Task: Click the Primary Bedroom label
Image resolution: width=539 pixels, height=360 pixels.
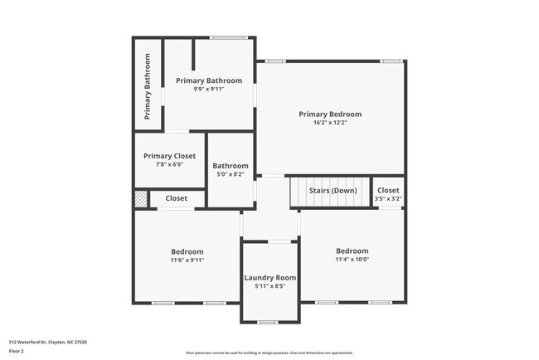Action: click(x=330, y=114)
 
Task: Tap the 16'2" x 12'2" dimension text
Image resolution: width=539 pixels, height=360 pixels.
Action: click(x=330, y=123)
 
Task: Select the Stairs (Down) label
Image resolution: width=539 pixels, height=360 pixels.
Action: click(x=333, y=191)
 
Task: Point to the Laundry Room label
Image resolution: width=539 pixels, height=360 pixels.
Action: click(x=270, y=278)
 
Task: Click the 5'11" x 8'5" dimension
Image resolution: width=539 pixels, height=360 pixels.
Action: click(x=270, y=286)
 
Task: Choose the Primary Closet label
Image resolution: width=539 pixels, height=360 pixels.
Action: click(x=169, y=156)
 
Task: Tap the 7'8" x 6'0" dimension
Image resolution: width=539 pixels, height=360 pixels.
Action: click(x=169, y=164)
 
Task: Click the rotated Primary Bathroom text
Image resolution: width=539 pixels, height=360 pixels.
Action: click(x=148, y=86)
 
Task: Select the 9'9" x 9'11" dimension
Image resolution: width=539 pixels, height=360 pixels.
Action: click(x=209, y=89)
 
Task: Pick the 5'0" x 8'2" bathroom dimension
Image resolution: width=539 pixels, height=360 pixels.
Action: click(x=231, y=174)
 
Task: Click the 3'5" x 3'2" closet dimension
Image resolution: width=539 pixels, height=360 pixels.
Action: click(x=388, y=199)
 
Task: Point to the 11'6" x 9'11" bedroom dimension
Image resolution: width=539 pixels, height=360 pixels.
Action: click(x=187, y=260)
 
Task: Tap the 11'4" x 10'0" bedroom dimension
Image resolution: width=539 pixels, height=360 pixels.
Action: click(x=352, y=259)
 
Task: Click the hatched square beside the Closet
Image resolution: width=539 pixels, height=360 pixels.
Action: click(x=141, y=199)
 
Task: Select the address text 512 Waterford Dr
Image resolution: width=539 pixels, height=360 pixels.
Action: click(x=48, y=342)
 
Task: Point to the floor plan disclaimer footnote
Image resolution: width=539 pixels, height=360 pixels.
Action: click(x=268, y=352)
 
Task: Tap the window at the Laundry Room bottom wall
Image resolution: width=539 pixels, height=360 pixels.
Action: click(x=268, y=322)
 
